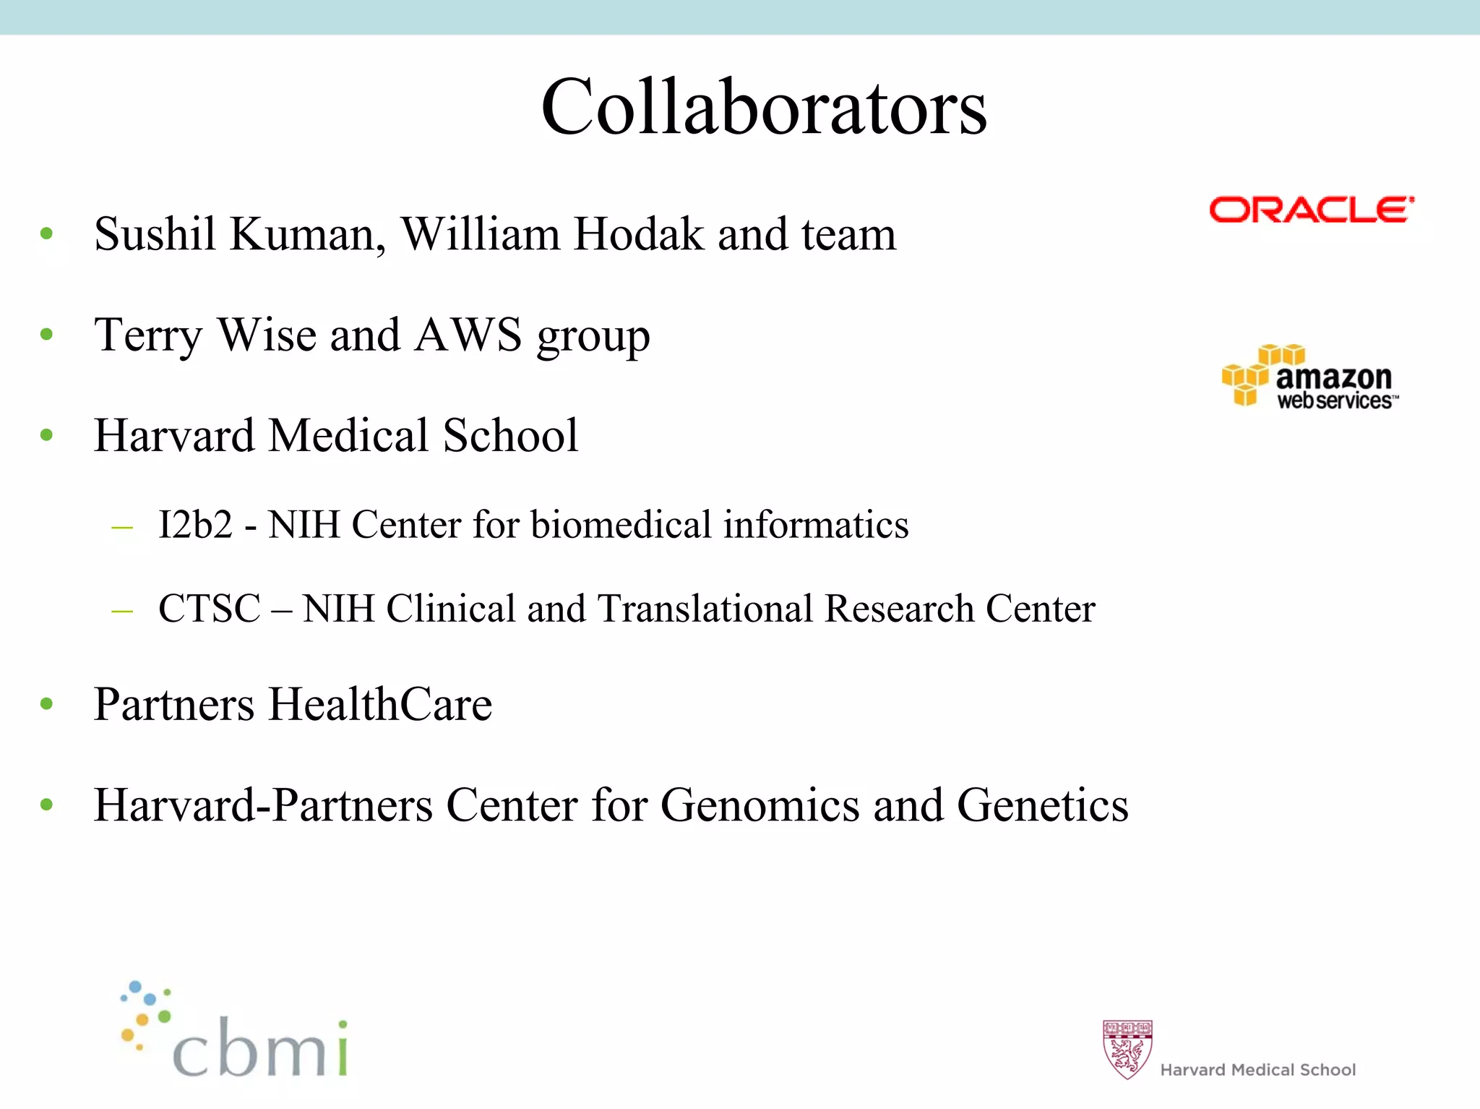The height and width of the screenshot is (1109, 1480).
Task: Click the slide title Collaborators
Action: click(764, 107)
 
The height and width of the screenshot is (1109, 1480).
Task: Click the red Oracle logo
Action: click(1311, 210)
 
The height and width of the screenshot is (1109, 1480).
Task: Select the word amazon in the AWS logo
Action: click(1333, 377)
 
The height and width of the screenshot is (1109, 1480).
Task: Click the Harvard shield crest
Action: click(1127, 1049)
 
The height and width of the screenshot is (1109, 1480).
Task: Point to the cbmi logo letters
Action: click(260, 1048)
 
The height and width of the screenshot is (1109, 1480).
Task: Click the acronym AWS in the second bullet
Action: click(468, 335)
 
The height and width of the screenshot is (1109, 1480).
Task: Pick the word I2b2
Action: click(195, 524)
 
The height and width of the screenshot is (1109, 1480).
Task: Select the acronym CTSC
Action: click(209, 608)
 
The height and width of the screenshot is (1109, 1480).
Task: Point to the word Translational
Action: click(706, 608)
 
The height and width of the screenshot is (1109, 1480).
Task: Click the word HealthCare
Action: click(380, 704)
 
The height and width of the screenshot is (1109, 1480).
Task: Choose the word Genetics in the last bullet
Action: click(1042, 805)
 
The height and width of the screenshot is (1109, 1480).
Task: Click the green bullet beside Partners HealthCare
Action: click(47, 704)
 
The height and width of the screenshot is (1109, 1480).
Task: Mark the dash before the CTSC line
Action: click(122, 611)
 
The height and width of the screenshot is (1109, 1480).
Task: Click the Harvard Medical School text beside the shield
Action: click(1257, 1069)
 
